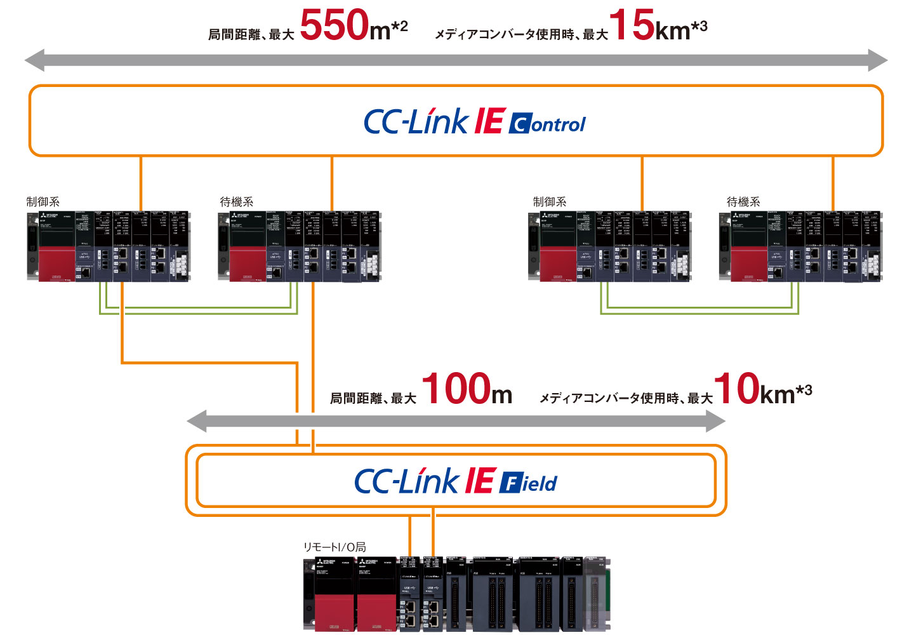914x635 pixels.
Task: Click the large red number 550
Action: coord(334,25)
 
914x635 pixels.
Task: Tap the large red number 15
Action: coord(631,25)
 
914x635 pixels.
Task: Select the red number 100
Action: coord(456,389)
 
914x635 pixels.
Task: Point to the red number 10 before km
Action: coord(736,389)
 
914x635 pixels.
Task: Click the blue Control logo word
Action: coord(547,124)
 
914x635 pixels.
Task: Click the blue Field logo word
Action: coord(529,483)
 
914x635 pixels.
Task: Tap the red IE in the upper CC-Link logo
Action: coord(489,121)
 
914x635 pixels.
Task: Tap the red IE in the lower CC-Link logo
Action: coord(480,481)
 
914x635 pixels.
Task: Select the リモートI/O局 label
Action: coord(334,547)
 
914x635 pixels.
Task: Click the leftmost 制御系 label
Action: coord(43,202)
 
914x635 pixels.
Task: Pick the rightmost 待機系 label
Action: coord(743,202)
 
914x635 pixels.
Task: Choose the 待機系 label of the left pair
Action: coord(237,202)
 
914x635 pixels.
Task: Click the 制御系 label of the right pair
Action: coord(550,202)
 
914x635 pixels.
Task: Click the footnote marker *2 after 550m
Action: coord(399,27)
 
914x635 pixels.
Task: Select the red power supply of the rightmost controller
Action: coord(749,264)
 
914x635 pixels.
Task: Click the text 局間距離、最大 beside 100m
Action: coord(373,399)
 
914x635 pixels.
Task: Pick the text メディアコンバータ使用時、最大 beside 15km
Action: coord(521,35)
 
